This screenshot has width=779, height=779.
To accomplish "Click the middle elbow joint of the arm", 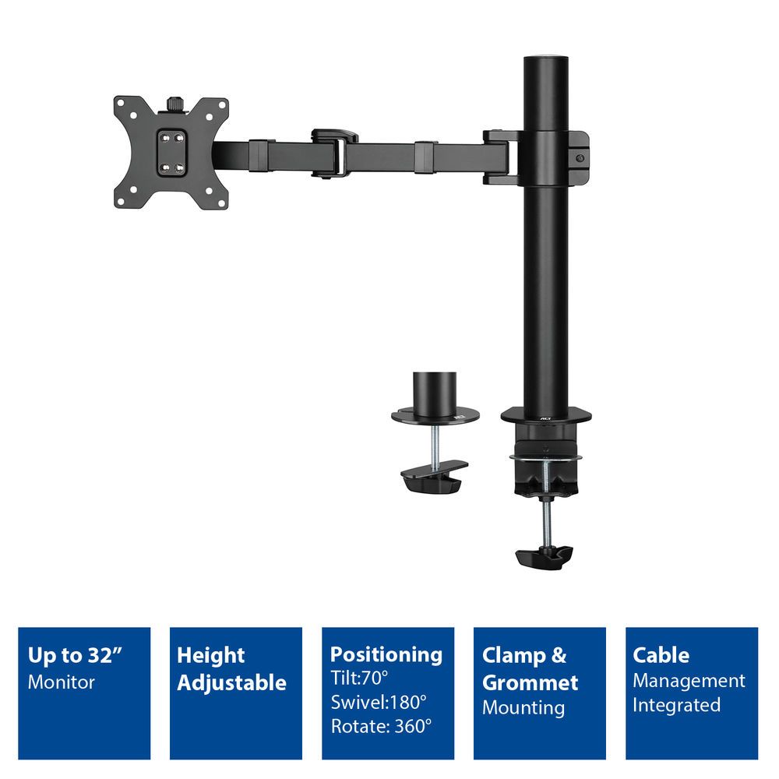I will (x=331, y=152).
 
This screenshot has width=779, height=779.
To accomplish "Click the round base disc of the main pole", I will (x=545, y=414).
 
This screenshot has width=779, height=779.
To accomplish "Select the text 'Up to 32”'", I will (x=76, y=655).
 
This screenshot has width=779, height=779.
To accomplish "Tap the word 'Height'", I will (x=210, y=655).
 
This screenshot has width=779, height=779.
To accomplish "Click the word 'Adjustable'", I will (x=231, y=683).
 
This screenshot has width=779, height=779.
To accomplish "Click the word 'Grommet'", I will (x=530, y=683).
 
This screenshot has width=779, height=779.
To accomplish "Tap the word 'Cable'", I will (x=661, y=655).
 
